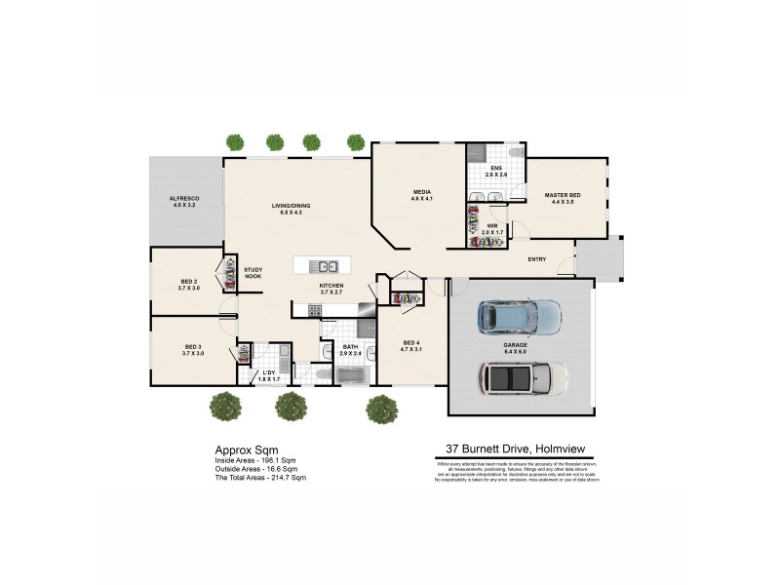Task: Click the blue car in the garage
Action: [x=519, y=315]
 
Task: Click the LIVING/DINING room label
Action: [x=291, y=206]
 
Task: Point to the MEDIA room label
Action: [x=421, y=192]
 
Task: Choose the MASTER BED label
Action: [x=563, y=196]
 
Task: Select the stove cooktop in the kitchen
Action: [x=315, y=310]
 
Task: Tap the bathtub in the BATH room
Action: [x=349, y=372]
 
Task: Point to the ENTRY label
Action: [x=536, y=259]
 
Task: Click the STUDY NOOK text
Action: [x=253, y=273]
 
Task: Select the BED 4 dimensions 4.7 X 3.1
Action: [x=411, y=348]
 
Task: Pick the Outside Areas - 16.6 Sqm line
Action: [x=259, y=468]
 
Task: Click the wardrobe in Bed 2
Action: [x=230, y=275]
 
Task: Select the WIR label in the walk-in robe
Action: [x=492, y=226]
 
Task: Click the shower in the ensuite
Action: [x=476, y=153]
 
